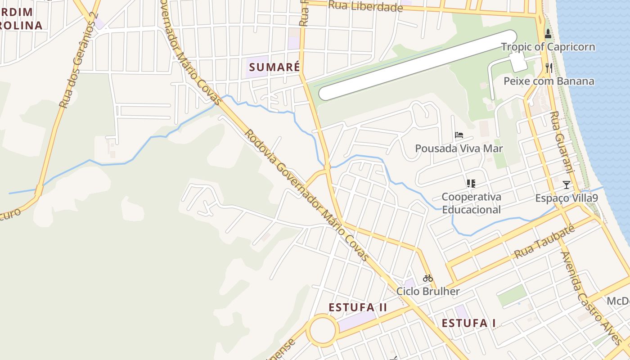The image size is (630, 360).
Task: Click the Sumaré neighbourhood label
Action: [274, 67]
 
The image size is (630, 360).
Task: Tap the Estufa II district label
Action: [358, 307]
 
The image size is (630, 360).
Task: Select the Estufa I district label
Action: [468, 323]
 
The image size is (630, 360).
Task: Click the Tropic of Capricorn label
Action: [548, 47]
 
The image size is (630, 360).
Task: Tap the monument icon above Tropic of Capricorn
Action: [548, 33]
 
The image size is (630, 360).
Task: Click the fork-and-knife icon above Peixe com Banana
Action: [549, 68]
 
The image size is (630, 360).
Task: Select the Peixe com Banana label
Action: [549, 81]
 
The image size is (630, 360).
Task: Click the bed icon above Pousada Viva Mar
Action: [459, 135]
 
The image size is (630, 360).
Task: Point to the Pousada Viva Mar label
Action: [459, 148]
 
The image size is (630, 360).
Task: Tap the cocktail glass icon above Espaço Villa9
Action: [566, 185]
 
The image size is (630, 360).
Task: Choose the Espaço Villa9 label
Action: [566, 198]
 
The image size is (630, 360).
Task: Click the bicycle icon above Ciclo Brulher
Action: [427, 278]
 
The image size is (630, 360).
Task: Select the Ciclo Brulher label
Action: [427, 291]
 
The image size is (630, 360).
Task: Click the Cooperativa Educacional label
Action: [471, 203]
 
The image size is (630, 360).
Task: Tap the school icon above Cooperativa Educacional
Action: [471, 183]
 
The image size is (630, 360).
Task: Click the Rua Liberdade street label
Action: [365, 6]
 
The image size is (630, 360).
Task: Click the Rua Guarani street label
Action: [562, 142]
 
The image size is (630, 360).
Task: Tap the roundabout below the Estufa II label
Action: [323, 330]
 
